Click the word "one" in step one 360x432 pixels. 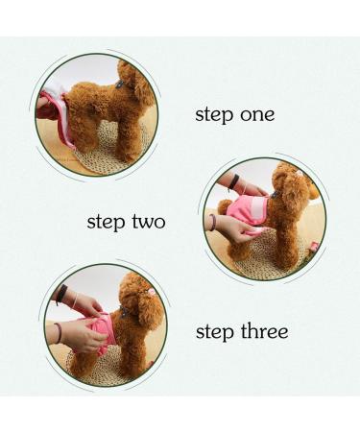point(257,115)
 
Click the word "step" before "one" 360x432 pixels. point(215,115)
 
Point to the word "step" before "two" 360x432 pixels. point(107,223)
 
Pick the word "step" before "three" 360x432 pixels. point(215,332)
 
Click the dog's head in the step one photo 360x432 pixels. point(136,80)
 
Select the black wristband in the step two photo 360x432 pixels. point(234,181)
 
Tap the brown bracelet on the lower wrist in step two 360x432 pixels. point(212,221)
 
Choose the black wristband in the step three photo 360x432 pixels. point(62,295)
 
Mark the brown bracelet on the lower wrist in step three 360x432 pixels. point(59,333)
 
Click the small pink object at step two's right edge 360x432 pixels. point(314,247)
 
